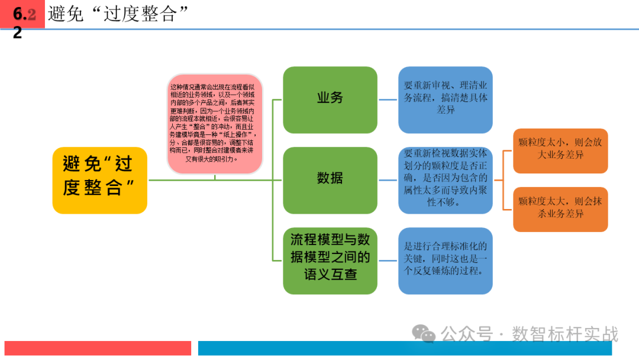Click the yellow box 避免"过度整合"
(99, 180)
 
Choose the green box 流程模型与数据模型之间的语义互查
(330, 261)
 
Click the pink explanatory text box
(215, 124)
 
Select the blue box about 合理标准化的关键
(445, 261)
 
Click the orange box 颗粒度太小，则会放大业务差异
(560, 150)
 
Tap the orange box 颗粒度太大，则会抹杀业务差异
(560, 209)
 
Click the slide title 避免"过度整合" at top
(113, 14)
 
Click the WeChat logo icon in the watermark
(424, 334)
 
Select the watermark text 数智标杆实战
(564, 334)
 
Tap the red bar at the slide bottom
(98, 348)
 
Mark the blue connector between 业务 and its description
(388, 99)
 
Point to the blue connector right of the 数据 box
(388, 180)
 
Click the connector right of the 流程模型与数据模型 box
(388, 261)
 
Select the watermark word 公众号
(467, 334)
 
